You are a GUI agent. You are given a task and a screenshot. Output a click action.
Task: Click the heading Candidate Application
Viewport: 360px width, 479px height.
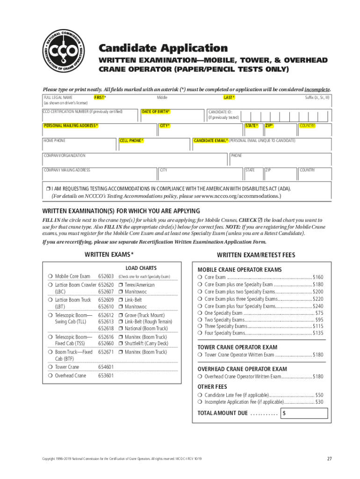pyautogui.click(x=162, y=48)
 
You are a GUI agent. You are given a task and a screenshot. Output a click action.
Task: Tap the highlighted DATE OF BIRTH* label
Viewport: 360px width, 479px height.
pyautogui.click(x=156, y=112)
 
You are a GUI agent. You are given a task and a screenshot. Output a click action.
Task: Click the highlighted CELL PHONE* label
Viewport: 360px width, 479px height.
pyautogui.click(x=132, y=140)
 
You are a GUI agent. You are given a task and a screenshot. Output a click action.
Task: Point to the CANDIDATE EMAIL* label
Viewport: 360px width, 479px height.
pyautogui.click(x=211, y=140)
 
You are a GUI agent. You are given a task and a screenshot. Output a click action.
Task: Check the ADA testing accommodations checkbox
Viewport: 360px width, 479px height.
pyautogui.click(x=48, y=189)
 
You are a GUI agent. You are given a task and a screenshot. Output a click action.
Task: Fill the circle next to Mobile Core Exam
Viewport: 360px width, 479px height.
pyautogui.click(x=50, y=276)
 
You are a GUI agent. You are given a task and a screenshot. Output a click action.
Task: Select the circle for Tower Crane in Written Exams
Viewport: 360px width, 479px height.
pyautogui.click(x=50, y=367)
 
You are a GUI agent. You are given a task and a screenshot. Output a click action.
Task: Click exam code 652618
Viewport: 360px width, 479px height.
pyautogui.click(x=106, y=329)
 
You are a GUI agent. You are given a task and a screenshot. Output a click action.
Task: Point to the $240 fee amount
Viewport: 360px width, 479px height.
pyautogui.click(x=318, y=306)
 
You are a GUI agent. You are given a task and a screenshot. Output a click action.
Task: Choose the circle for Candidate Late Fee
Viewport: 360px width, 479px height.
pyautogui.click(x=200, y=395)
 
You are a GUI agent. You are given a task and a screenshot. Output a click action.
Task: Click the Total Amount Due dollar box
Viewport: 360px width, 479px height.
pyautogui.click(x=304, y=414)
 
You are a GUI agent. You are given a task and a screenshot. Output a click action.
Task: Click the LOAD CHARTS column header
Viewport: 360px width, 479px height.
pyautogui.click(x=141, y=268)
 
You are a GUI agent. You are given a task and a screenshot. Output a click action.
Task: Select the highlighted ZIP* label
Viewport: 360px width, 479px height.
pyautogui.click(x=269, y=126)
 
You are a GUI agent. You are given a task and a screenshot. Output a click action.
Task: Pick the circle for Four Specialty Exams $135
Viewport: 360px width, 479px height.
pyautogui.click(x=200, y=333)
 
